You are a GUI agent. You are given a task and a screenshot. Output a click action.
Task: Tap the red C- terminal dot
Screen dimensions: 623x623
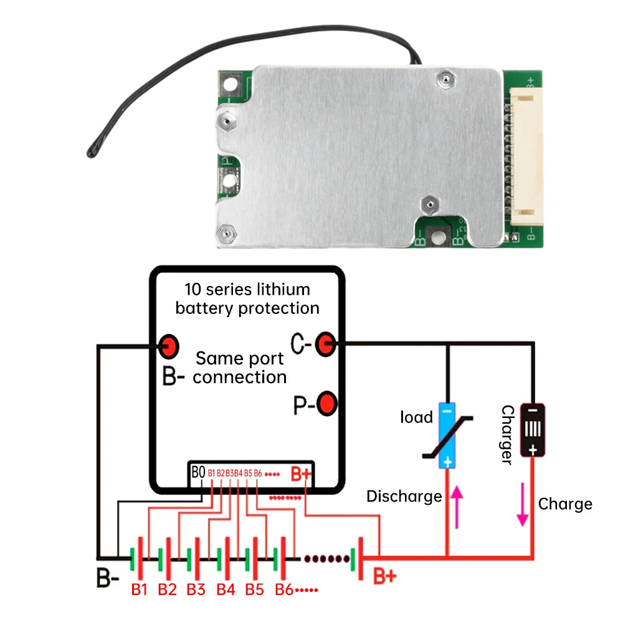[x=325, y=343]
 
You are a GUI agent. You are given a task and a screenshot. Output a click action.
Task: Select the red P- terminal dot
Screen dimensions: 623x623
[x=326, y=404]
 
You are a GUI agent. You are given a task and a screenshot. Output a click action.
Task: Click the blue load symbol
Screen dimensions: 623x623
[x=447, y=435]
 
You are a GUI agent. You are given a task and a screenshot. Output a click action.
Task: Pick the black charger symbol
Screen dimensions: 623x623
[x=533, y=430]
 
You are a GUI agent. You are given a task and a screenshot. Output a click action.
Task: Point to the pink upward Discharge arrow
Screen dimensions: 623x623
[x=457, y=505]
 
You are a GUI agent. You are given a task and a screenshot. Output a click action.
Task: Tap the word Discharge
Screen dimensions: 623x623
[x=404, y=497]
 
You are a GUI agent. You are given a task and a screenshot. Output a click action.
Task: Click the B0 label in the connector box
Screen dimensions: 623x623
[x=198, y=473]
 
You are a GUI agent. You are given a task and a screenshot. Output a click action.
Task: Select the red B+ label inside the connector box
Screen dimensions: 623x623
[x=301, y=474]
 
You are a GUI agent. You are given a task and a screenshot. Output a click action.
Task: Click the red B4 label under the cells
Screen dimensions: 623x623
[x=226, y=589]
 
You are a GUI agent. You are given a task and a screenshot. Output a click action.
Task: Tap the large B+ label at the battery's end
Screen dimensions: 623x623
[x=384, y=576]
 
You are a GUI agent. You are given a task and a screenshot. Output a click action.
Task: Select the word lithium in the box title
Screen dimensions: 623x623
[x=286, y=290]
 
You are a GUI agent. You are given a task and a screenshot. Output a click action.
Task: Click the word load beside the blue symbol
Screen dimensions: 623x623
[x=416, y=417]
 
